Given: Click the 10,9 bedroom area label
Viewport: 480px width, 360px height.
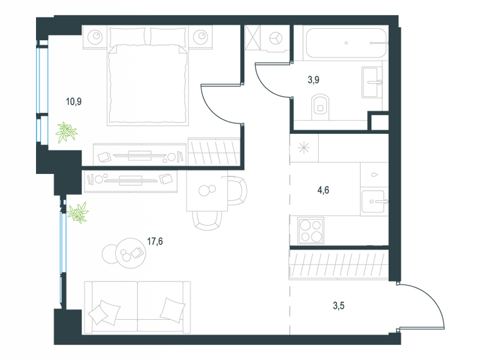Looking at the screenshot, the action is point(74,101).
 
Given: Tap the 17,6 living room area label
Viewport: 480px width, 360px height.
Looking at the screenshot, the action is point(155,242).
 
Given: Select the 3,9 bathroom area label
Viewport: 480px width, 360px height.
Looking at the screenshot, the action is point(313,80).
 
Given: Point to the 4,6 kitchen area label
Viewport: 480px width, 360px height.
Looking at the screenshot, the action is point(323,190).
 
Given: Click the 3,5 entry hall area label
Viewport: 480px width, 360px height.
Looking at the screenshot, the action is point(338,305).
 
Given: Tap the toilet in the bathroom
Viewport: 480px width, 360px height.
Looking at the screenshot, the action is point(320,107).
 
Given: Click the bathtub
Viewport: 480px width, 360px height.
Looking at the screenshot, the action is point(346,43).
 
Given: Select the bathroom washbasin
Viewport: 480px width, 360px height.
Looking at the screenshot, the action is point(372,82).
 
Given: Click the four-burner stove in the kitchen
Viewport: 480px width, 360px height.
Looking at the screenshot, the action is point(311,230).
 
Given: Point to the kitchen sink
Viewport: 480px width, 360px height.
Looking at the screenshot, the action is point(373,202).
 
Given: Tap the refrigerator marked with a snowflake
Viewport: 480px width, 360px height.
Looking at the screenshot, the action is point(304,148).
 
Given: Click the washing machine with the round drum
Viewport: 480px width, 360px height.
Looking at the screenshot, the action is point(275,38).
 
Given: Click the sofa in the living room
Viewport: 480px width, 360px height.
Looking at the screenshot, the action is point(137,307).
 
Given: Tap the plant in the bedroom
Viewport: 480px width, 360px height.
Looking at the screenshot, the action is point(66,132).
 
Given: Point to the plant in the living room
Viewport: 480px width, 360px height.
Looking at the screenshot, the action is point(78,212).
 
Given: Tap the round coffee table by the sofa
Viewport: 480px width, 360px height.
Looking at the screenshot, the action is point(131,253).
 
